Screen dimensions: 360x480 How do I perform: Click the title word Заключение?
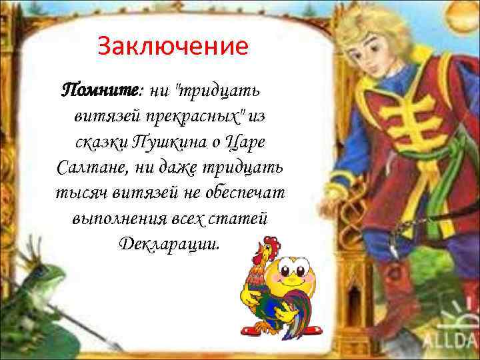tap(173, 47)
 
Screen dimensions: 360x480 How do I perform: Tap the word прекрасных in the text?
tap(199, 117)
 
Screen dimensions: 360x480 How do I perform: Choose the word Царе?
tap(247, 141)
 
